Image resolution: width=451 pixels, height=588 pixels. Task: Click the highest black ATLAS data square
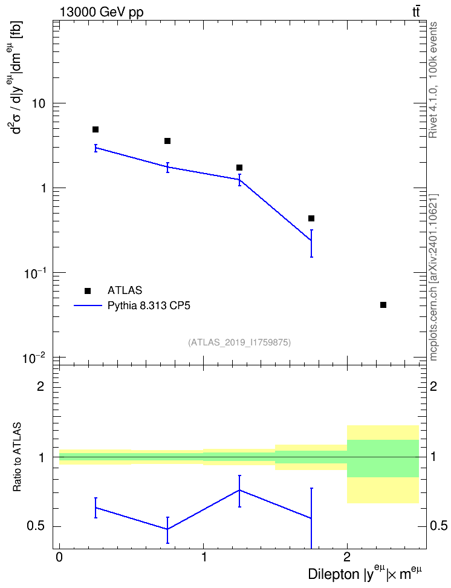coord(96,129)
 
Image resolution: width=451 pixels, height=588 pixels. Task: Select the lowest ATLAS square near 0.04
coord(383,305)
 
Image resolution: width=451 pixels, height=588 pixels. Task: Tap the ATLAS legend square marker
coord(88,290)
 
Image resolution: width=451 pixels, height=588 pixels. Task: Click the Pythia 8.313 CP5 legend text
coord(149,305)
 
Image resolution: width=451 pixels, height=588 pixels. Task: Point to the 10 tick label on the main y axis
coord(39,104)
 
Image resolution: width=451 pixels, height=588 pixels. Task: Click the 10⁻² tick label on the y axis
coord(34,358)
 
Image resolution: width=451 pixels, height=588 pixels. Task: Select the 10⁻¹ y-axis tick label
coord(34,273)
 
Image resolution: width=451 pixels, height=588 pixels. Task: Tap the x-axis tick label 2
coord(347,557)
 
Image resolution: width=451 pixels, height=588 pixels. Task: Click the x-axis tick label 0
coord(59,557)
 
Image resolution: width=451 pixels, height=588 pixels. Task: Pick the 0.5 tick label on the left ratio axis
coord(36,526)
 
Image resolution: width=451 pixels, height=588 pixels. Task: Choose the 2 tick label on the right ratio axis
coord(433,386)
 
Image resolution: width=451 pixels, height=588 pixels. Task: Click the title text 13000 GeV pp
coord(102,12)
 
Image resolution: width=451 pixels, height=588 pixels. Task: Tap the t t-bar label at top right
coord(416,11)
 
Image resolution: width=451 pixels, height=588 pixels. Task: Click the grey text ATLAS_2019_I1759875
coord(239,342)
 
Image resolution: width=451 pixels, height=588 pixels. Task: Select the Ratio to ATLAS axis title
coord(17,457)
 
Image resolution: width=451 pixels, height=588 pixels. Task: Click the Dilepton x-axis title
coord(365,573)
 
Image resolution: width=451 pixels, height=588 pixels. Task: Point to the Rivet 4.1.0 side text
coord(433,80)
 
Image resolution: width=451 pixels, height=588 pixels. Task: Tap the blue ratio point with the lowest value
coord(167,529)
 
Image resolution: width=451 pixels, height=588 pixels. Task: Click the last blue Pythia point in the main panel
coord(311,240)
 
